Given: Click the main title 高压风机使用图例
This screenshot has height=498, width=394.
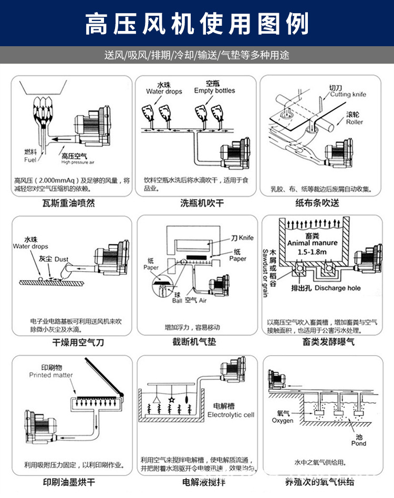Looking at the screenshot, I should click(x=196, y=24).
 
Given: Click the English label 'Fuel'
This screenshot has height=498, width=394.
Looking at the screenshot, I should click(x=30, y=160).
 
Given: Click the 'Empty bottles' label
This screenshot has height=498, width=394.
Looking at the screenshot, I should click(x=214, y=90).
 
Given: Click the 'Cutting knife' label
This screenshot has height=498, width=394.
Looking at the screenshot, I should click(x=348, y=95).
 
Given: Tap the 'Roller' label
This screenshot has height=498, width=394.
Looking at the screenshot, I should click(x=354, y=122).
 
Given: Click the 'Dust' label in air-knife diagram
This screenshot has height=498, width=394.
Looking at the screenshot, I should click(x=61, y=259).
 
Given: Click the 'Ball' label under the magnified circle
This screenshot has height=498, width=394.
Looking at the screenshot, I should click(x=178, y=301).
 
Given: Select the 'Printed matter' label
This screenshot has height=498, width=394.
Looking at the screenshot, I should click(x=51, y=375).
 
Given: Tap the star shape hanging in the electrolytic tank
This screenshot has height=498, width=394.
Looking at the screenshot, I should click(x=171, y=401).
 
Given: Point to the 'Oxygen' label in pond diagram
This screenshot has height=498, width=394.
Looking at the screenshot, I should click(x=283, y=421).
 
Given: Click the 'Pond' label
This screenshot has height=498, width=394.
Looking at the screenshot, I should click(x=359, y=443).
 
